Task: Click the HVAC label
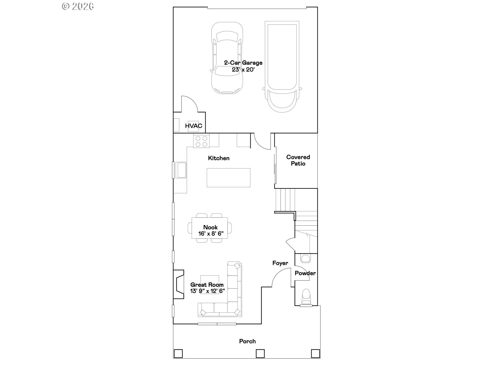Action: tap(193, 126)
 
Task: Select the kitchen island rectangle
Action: tap(228, 178)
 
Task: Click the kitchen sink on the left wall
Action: tap(181, 170)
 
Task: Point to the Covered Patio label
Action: tap(298, 160)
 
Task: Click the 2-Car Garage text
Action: tap(243, 63)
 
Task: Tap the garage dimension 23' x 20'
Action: tap(243, 70)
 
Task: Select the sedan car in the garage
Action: tap(227, 58)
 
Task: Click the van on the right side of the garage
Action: tap(282, 66)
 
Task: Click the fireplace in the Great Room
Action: tap(179, 284)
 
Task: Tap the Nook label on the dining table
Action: tap(210, 227)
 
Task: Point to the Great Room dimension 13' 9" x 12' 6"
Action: tap(207, 291)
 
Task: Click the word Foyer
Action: tap(280, 263)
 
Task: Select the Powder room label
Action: tap(305, 273)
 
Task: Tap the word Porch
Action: tap(247, 341)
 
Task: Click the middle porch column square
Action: tap(260, 353)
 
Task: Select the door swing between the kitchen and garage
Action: tap(261, 142)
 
